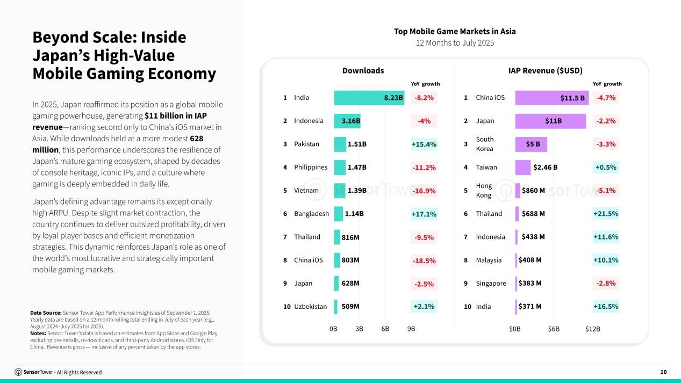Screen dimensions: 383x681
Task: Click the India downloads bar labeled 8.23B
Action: tap(369, 98)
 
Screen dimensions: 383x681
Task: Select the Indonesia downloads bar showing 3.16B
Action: tap(347, 121)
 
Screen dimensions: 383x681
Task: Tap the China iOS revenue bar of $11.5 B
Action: tap(551, 98)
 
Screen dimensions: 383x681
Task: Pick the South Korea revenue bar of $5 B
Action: tap(531, 144)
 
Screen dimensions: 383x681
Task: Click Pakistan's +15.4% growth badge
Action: tap(424, 144)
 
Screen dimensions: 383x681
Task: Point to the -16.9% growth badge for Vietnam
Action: tap(424, 191)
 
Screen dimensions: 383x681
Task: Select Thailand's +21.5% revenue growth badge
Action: tap(606, 214)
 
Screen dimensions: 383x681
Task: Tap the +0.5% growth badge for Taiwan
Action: tap(606, 167)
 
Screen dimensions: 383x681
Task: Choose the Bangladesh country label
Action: tap(311, 214)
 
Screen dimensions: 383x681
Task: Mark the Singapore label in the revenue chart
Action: tap(491, 283)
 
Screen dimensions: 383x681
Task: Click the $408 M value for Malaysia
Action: tap(530, 260)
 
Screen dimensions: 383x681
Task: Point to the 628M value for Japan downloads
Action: tap(350, 283)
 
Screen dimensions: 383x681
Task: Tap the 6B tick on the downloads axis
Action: tap(385, 329)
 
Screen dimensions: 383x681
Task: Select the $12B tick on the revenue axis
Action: tap(593, 329)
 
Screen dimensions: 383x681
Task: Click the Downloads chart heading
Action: tap(363, 70)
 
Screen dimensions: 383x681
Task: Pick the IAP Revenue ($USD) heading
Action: tap(546, 70)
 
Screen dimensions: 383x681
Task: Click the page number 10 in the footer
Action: tap(664, 372)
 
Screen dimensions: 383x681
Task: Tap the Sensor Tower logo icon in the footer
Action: tap(18, 372)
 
